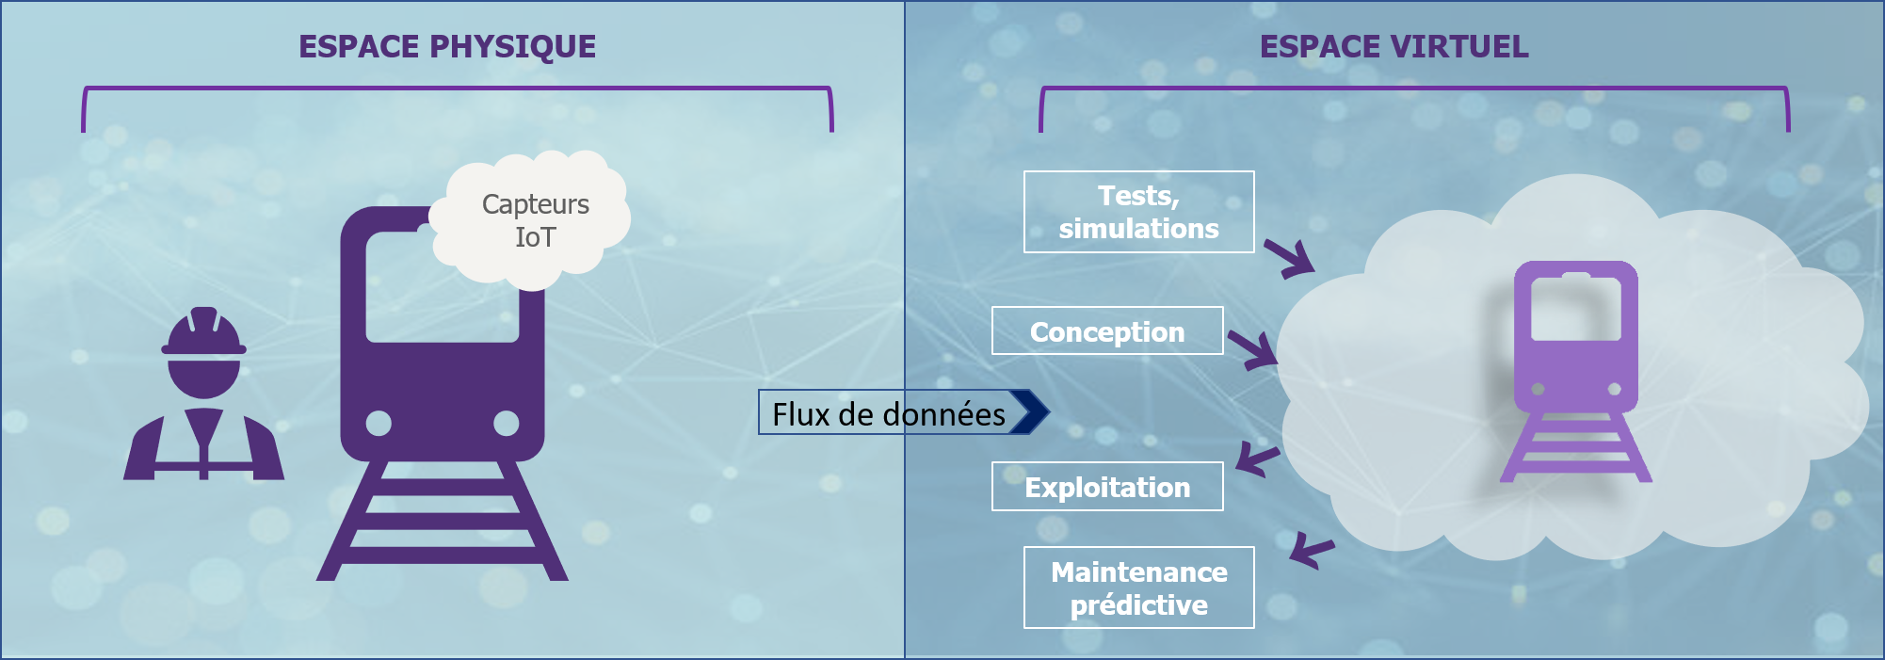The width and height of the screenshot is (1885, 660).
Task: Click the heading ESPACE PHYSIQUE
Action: (x=447, y=47)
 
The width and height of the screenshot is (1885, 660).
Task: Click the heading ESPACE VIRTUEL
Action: (x=1394, y=47)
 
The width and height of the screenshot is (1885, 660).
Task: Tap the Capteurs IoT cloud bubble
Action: (x=534, y=220)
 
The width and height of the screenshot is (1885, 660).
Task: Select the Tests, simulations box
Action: (x=1138, y=212)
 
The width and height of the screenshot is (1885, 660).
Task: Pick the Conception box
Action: (x=1107, y=331)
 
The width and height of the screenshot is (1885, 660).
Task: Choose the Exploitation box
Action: (x=1107, y=487)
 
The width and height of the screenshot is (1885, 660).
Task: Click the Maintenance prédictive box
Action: (x=1138, y=588)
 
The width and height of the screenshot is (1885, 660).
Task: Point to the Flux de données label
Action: (x=888, y=413)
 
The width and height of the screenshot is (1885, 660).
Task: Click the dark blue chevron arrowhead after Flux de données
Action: (x=1030, y=411)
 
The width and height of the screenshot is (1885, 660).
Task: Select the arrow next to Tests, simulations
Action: (x=1290, y=258)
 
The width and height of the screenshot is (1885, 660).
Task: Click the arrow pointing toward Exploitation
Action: (x=1256, y=459)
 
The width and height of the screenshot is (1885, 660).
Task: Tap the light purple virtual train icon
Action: (x=1575, y=372)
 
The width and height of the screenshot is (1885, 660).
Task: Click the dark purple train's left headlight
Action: (x=379, y=423)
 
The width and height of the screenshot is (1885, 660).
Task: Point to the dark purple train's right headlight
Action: (x=506, y=423)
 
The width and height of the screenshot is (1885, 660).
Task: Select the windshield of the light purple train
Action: (x=1575, y=309)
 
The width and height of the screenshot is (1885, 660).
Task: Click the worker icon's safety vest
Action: (x=203, y=447)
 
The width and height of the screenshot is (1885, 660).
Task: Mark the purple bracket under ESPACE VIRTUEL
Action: (x=1413, y=89)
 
